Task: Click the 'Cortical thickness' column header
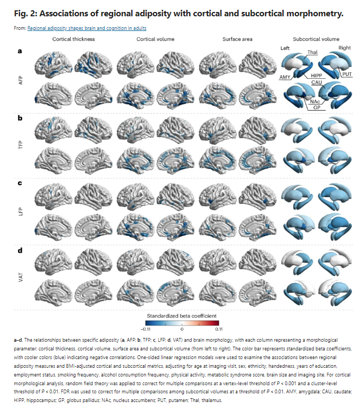[74, 39]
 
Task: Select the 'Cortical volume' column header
[155, 39]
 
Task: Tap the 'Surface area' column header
[237, 39]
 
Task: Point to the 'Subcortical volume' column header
[316, 39]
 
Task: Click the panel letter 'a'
[20, 51]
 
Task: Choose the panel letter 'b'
[20, 118]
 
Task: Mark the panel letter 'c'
[20, 183]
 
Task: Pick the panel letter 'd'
[20, 250]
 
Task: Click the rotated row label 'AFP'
[21, 80]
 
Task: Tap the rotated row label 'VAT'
[21, 277]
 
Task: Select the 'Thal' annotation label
[312, 52]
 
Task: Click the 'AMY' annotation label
[285, 77]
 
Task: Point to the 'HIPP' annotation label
[317, 76]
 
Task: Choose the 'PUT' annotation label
[347, 74]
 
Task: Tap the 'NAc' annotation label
[315, 102]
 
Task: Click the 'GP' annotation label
[317, 107]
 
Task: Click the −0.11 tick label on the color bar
[146, 329]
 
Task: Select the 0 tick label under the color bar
[182, 329]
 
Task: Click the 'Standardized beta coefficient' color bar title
[181, 316]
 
